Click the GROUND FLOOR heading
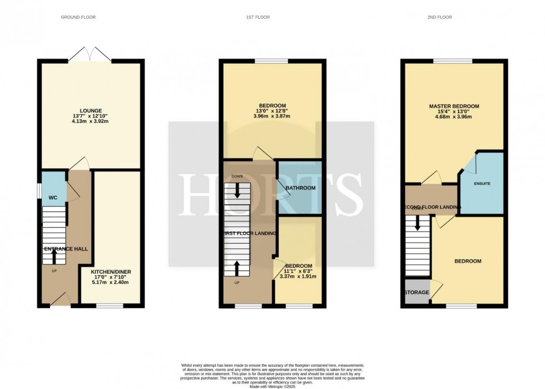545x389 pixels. point(78,17)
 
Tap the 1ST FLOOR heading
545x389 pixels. point(258,17)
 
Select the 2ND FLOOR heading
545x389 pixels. point(440,17)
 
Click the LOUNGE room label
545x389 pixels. point(90,111)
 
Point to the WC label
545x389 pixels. point(53,198)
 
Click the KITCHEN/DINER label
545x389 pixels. point(111,272)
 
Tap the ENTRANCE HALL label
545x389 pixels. point(65,249)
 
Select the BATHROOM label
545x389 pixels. point(300,188)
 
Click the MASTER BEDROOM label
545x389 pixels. point(454,106)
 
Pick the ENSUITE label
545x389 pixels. point(482,183)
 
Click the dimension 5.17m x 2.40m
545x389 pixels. point(111,283)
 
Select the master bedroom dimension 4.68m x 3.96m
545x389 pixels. point(454,117)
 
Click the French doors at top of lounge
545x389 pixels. point(90,54)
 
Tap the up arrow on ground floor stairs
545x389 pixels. point(54,257)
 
